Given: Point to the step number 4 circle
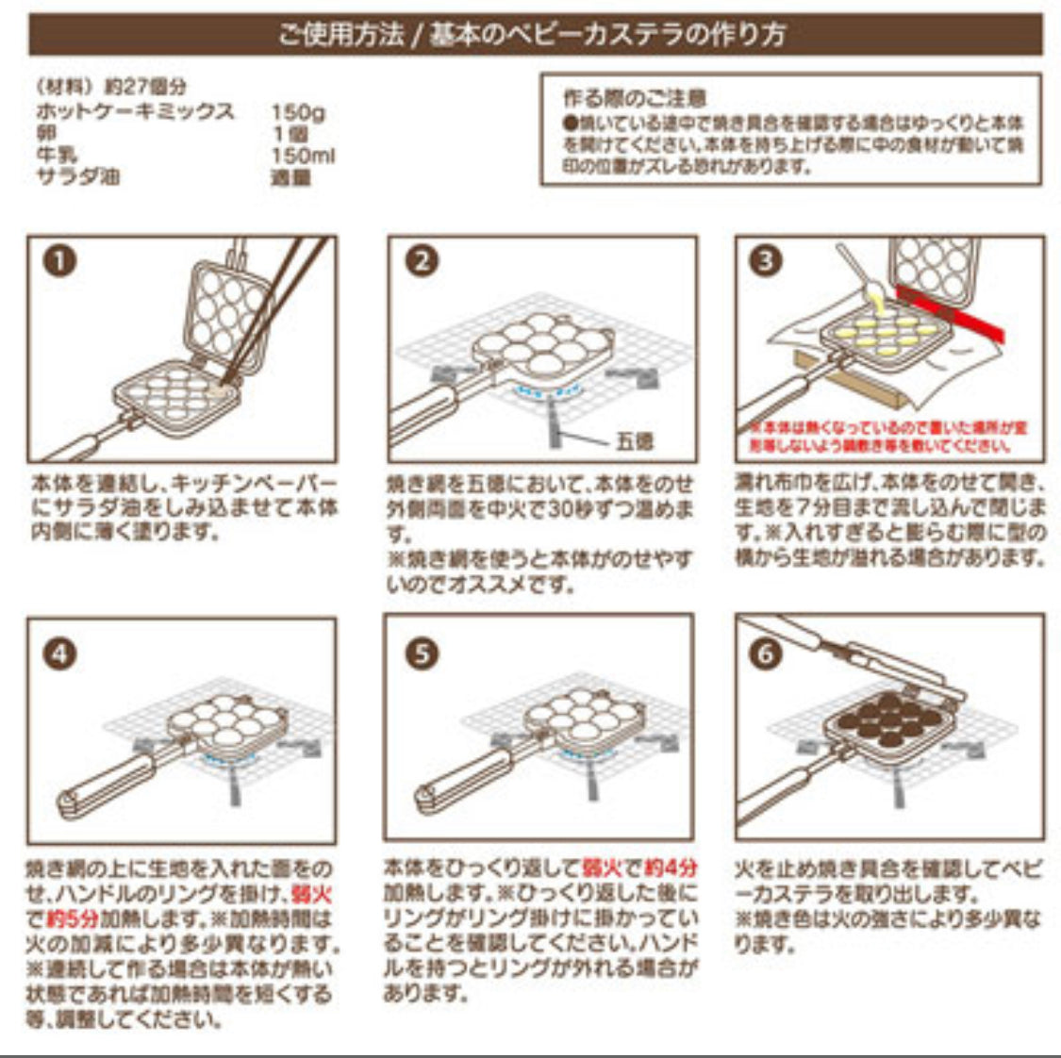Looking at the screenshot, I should tap(59, 653).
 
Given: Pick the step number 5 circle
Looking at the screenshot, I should tap(422, 653).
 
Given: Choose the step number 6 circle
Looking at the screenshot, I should tap(766, 653).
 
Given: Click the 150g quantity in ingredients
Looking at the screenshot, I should tap(297, 113).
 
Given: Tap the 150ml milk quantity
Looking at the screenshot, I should tap(302, 156).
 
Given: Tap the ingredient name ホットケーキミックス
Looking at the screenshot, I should tap(134, 111).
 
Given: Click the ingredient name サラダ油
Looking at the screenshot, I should tap(77, 176).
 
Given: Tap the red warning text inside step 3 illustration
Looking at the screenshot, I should tap(882, 437).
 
